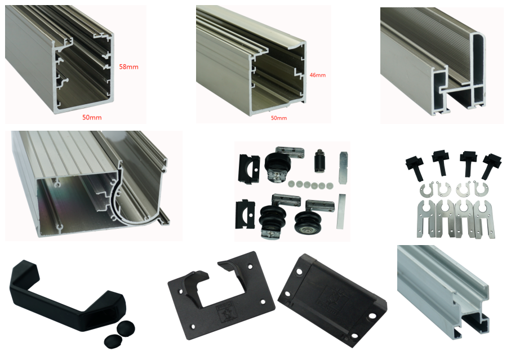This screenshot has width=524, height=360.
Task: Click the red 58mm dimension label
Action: pos(128,67)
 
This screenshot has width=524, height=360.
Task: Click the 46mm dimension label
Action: pos(317,75)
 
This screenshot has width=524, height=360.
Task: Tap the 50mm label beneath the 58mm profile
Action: pos(92,117)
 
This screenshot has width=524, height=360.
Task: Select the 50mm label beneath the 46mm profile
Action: pos(279,118)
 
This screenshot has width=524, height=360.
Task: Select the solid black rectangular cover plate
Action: pos(332,299)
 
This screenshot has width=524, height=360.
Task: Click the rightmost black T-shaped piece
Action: pos(491,166)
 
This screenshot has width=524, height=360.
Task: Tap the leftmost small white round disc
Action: pos(292,184)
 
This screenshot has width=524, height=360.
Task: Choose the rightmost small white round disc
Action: pos(330,185)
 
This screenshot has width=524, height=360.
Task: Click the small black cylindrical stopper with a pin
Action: pos(320,161)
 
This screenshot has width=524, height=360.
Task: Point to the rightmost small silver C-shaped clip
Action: pos(481,189)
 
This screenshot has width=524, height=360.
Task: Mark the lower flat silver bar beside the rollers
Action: pos(341,211)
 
